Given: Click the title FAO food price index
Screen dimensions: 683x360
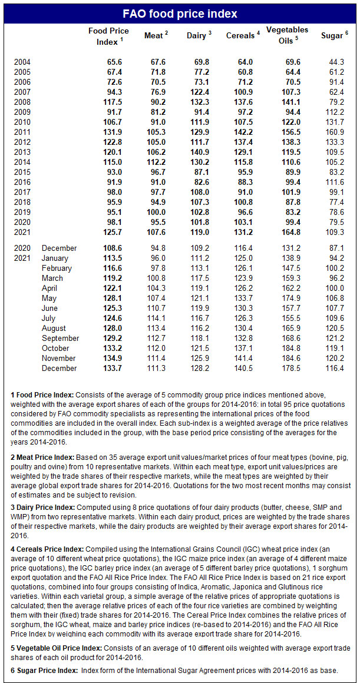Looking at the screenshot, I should pyautogui.click(x=180, y=14).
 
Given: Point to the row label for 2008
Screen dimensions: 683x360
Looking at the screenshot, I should pyautogui.click(x=22, y=102).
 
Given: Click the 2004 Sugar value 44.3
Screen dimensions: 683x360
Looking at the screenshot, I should pyautogui.click(x=335, y=62).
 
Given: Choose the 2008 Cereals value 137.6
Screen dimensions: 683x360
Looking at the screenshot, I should pyautogui.click(x=242, y=102).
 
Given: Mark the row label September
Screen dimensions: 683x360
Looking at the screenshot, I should pyautogui.click(x=60, y=338).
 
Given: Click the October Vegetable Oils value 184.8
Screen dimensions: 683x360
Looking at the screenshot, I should pyautogui.click(x=286, y=348).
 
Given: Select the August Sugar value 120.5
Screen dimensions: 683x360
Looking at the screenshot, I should pyautogui.click(x=335, y=328).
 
